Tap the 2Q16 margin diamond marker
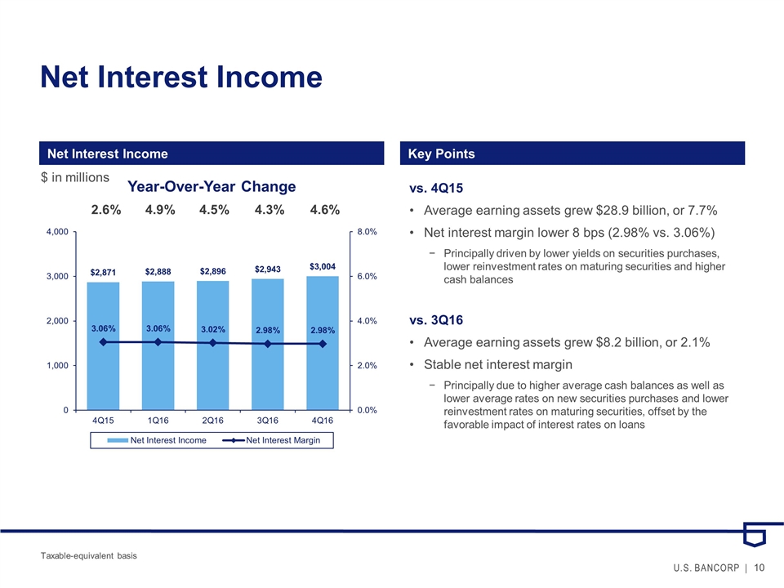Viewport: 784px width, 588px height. click(212, 343)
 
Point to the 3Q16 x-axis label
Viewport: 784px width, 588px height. click(267, 421)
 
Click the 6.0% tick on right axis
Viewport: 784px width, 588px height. click(366, 277)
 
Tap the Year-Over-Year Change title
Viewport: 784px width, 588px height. click(212, 187)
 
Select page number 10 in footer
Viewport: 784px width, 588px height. click(760, 568)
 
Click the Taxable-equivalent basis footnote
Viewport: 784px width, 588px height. click(89, 555)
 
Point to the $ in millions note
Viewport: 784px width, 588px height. click(75, 177)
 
